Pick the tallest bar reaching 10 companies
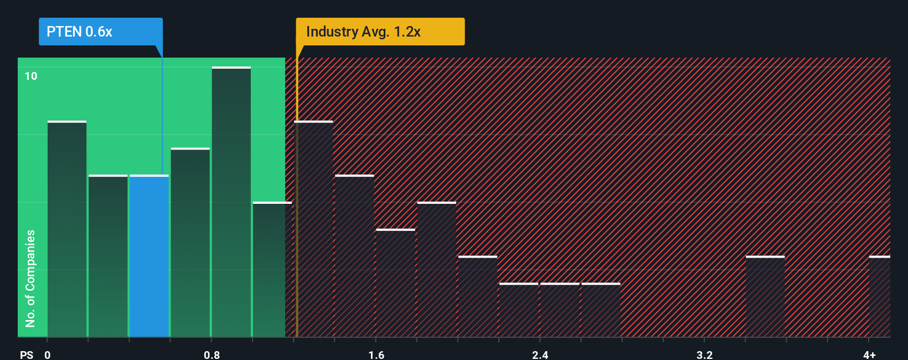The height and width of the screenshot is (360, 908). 231,202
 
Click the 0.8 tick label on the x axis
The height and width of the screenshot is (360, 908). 211,354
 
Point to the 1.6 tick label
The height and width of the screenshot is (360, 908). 376,354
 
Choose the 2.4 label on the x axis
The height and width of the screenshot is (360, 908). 540,354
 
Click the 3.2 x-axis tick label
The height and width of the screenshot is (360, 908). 704,354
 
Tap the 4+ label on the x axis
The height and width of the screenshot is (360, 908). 869,354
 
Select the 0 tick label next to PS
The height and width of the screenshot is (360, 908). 48,354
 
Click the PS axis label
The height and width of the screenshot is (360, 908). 27,354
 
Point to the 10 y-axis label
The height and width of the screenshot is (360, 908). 31,76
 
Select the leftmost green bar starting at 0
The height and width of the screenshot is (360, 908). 67,229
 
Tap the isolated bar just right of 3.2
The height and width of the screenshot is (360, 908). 765,296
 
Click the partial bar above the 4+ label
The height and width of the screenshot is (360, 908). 879,296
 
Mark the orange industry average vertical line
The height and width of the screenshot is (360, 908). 297,222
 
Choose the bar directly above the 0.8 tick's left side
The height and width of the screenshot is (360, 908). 190,243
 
